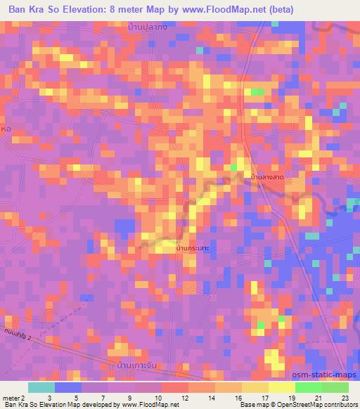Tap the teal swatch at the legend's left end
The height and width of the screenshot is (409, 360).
41,387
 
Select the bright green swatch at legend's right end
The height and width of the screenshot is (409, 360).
335,387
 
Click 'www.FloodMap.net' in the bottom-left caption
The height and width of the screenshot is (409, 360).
145,405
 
